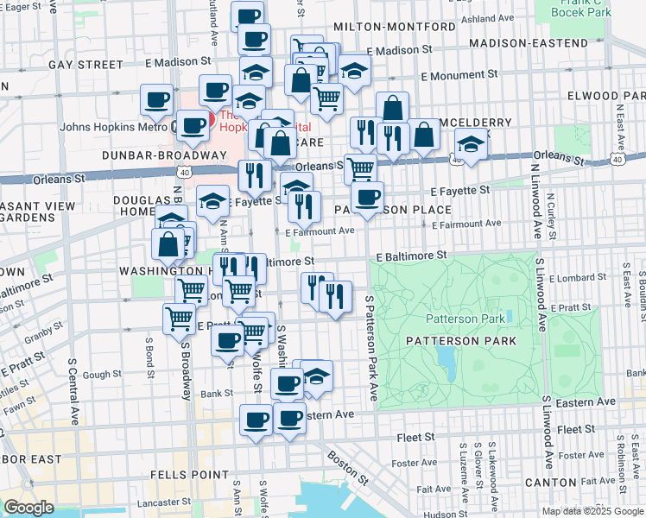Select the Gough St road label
(102, 375)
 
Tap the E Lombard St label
(576, 278)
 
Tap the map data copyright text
(592, 511)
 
